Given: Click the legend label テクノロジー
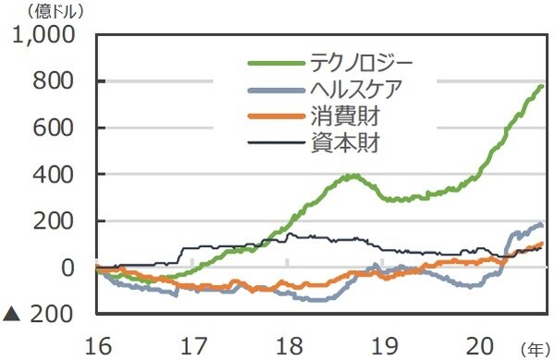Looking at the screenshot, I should (362, 63).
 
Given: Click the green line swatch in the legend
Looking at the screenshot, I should (277, 63).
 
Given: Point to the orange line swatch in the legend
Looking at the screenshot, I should (277, 117).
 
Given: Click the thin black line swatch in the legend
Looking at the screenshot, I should (277, 143).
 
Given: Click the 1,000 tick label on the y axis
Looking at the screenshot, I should (45, 36).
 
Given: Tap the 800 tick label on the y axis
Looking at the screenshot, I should (58, 81).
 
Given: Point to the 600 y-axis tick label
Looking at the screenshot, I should (58, 128).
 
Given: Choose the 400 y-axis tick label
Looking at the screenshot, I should (58, 174).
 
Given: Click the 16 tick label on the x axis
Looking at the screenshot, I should (96, 344).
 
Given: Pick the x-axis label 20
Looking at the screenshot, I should (478, 344).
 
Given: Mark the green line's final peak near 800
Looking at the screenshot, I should (541, 86).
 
